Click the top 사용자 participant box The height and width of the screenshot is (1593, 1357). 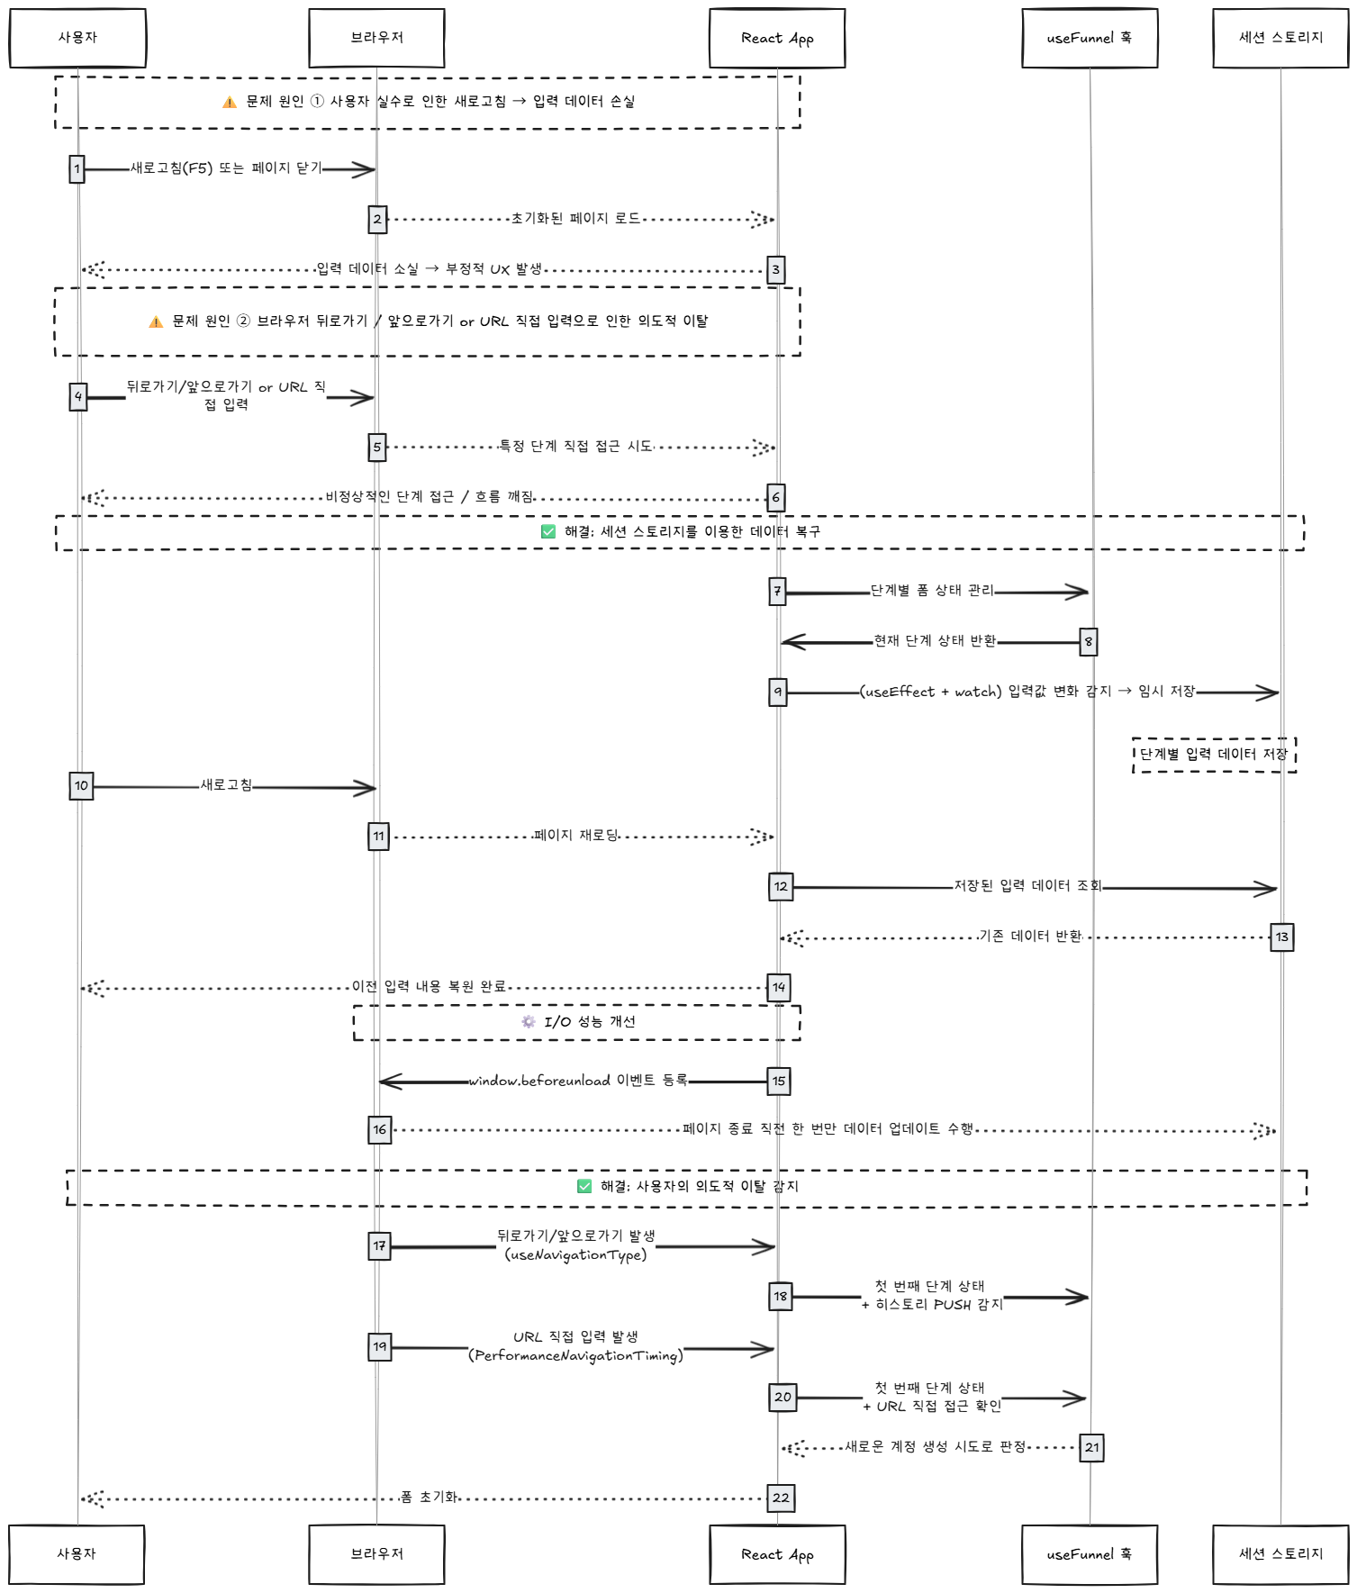coord(77,38)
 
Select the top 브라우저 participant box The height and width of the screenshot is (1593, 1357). coord(376,38)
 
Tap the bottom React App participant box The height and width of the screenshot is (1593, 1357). coord(777,1554)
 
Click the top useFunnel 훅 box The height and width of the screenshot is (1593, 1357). coord(1090,38)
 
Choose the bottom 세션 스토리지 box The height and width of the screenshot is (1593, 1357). coord(1280,1554)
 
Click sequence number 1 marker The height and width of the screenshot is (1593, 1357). coord(77,168)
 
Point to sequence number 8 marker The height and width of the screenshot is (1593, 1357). coord(1089,642)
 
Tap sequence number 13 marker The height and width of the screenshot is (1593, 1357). coord(1281,937)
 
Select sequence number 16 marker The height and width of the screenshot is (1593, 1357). coord(380,1129)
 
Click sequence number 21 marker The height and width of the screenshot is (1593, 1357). coord(1091,1448)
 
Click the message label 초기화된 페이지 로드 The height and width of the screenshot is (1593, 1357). coord(575,218)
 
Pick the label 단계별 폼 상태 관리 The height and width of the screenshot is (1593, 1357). coord(932,591)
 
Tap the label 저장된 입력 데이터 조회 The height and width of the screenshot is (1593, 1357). coord(1027,886)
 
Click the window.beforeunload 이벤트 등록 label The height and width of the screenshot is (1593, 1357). coord(577,1081)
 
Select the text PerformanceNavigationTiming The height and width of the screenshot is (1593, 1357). coord(575,1356)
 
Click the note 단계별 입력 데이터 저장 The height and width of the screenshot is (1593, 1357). coord(1214,755)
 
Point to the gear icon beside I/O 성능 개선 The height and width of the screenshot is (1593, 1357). coord(529,1022)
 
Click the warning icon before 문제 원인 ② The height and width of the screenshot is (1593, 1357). coord(156,321)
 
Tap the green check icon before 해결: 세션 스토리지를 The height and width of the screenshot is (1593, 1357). coord(548,532)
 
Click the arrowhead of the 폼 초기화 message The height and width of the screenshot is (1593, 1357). coord(90,1498)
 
